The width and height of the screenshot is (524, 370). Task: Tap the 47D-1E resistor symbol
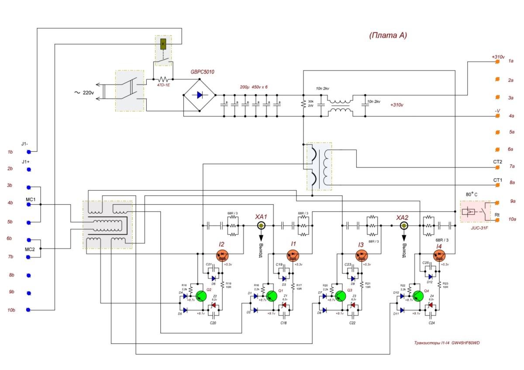point(163,79)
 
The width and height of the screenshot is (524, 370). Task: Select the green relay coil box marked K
point(163,44)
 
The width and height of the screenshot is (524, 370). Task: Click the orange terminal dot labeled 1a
point(497,62)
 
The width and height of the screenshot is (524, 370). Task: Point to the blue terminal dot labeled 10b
point(29,310)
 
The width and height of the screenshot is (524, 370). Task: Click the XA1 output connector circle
point(261,226)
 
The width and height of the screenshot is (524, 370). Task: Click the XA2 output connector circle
point(403,226)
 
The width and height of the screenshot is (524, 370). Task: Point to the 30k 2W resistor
point(302,105)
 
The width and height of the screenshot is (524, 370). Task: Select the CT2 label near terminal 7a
point(498,162)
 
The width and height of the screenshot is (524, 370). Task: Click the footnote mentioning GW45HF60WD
point(447,343)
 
